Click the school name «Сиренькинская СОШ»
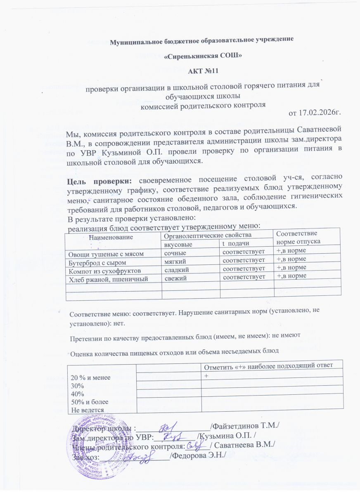tap(200, 55)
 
